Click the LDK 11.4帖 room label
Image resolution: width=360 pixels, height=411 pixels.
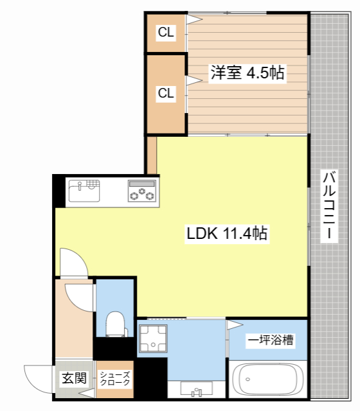point(227,232)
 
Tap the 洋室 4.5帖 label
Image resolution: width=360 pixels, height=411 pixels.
point(248,73)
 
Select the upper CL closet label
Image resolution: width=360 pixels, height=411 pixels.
point(166,32)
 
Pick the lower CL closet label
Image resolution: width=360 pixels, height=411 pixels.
point(166,93)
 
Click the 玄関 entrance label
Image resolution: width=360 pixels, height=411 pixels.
point(74,378)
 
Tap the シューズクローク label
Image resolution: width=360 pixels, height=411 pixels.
point(115,379)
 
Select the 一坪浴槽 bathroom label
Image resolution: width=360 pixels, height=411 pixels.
point(271,340)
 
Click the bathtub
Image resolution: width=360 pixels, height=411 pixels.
point(268,380)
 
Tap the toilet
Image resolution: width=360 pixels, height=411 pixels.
point(116,324)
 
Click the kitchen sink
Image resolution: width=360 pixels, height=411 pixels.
point(84,191)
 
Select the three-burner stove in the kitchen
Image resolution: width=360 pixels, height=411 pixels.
point(141,191)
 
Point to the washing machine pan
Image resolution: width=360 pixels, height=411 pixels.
point(153,338)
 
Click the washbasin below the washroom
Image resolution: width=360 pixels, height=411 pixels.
point(196,389)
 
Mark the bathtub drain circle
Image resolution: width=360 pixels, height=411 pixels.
point(248,379)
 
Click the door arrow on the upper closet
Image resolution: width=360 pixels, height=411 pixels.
point(194,19)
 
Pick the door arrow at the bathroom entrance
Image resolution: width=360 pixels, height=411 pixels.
point(235,325)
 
